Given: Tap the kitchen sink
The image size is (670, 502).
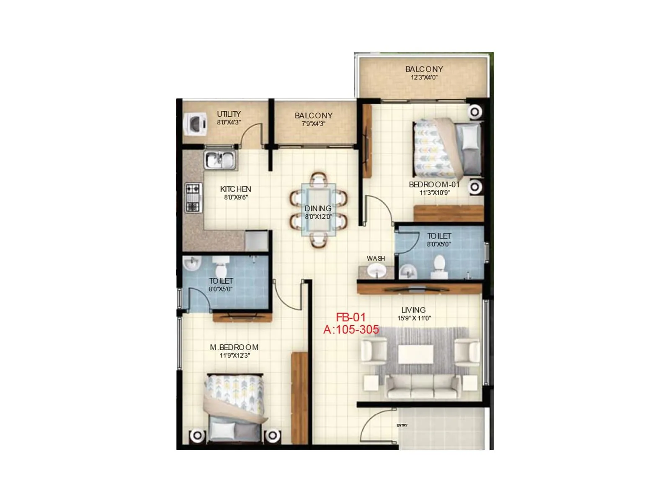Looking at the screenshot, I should [220, 160].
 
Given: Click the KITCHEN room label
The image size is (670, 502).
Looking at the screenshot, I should [235, 189].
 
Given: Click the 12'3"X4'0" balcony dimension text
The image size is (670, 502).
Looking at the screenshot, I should [424, 77].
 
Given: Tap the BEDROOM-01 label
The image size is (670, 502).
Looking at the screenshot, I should [434, 184].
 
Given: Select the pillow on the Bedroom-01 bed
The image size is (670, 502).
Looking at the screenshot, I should [470, 137].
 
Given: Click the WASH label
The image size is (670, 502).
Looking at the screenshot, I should [376, 259].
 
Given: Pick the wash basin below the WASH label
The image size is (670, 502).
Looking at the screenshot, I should [376, 271].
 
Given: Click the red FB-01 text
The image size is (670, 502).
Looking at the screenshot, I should [351, 318].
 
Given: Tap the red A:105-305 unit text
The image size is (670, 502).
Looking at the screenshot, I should [351, 330].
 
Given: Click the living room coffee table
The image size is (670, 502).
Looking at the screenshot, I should [415, 354].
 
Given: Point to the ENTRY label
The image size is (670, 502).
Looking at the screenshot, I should [402, 425].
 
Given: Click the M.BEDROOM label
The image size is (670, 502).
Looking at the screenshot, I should [234, 347].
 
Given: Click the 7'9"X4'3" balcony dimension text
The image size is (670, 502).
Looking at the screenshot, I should [313, 124].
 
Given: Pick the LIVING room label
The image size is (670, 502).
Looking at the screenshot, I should [413, 310].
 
